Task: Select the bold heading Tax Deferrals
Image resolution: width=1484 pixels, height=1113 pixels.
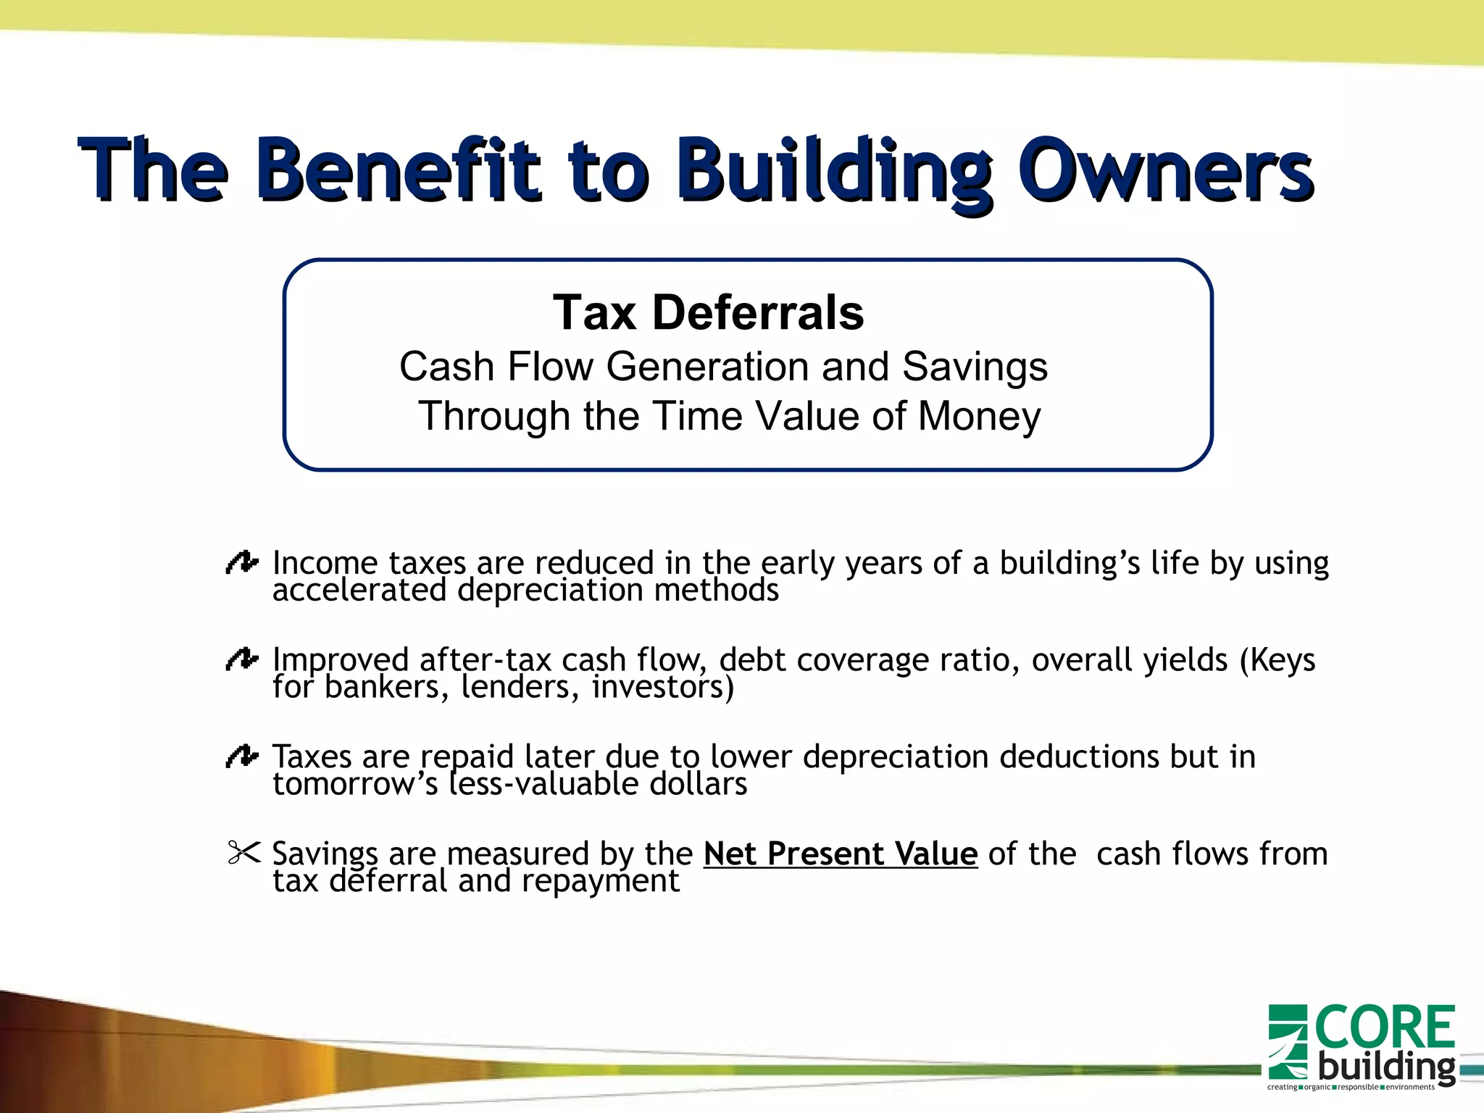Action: (708, 313)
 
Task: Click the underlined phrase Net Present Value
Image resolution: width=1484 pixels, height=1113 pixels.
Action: (840, 854)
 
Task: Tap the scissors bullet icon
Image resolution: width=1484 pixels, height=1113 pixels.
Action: (243, 852)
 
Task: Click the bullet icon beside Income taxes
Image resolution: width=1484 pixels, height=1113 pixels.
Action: (241, 562)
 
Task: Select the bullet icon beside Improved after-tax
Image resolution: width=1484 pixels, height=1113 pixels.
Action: (241, 659)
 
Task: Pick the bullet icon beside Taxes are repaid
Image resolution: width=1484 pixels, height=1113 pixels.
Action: (241, 756)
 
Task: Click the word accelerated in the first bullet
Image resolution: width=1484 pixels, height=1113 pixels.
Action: (359, 591)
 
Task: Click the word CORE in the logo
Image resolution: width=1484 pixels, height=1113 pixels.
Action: (1385, 1027)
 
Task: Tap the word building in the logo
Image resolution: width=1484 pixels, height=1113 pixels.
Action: (1385, 1067)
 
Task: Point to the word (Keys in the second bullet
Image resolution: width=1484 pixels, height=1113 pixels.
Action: (1277, 660)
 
